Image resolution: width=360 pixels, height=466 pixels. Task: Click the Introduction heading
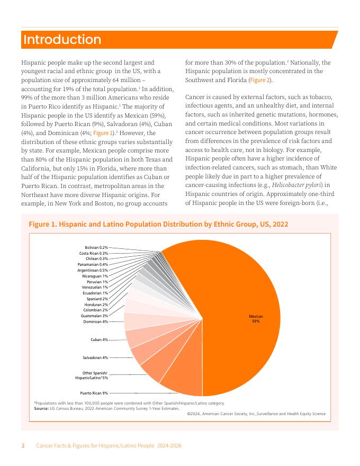point(62,40)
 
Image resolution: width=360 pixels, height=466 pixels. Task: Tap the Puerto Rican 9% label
point(94,393)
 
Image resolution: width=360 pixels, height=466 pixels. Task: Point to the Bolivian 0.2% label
point(96,247)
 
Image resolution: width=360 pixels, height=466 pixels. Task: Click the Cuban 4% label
point(99,339)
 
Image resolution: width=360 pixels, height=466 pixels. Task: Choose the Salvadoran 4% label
point(95,357)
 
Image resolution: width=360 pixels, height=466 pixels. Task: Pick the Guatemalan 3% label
point(94,316)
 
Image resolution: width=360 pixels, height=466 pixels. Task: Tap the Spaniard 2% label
point(97,299)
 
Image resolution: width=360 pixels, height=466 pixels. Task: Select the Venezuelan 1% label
point(95,287)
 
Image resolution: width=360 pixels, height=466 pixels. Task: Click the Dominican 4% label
point(95,321)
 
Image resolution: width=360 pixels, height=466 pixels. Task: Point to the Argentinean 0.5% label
point(92,270)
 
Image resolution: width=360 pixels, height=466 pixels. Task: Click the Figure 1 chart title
point(158,225)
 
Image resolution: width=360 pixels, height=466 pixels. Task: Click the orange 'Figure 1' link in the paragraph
point(103,133)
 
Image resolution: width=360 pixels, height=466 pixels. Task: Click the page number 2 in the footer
point(23,446)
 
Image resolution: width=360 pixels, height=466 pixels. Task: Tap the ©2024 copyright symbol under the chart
point(190,414)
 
